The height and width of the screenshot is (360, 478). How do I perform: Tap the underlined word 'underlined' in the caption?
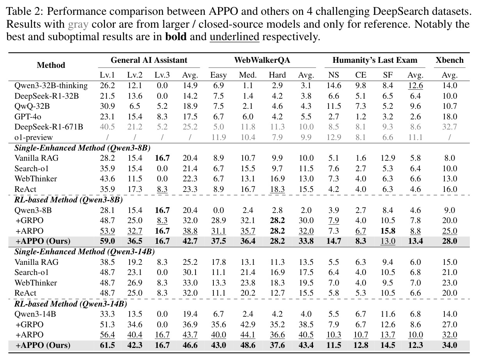235,36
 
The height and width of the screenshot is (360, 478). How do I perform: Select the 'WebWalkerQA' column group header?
262,60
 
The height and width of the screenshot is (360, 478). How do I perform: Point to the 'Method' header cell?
51,65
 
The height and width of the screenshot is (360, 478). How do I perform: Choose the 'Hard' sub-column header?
277,75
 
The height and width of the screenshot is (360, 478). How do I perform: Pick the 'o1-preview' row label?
34,137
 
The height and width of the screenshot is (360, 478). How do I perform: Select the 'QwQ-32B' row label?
32,106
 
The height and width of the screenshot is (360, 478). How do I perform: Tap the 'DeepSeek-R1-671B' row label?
48,127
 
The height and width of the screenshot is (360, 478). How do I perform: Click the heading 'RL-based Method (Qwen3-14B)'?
71,303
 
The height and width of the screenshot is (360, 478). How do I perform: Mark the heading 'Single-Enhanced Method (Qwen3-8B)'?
82,148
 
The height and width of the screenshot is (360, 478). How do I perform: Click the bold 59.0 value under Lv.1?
107,241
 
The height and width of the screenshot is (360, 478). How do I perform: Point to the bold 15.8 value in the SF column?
388,231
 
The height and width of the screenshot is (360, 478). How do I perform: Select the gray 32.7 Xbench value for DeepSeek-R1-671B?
450,127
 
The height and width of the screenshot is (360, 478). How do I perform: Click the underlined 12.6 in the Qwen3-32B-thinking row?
415,85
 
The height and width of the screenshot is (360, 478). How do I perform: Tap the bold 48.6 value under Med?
248,345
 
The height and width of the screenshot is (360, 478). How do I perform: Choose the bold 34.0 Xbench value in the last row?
450,345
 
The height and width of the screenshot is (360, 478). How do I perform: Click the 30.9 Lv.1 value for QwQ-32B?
107,106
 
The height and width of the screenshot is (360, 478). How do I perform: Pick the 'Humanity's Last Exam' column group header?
375,60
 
